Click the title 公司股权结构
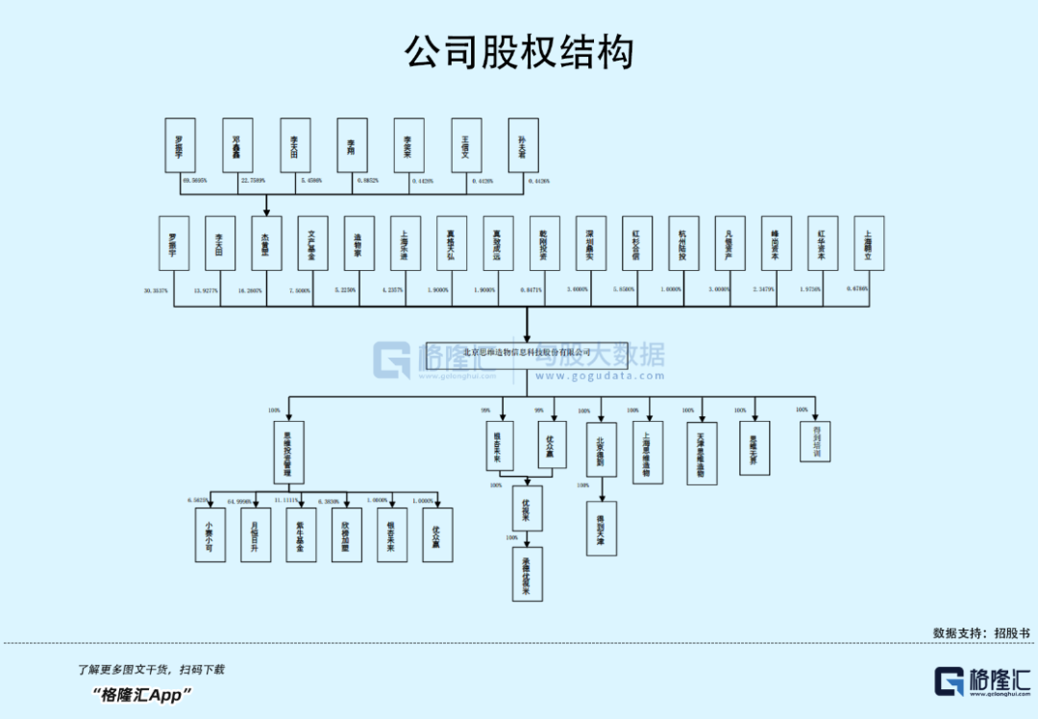click(x=519, y=52)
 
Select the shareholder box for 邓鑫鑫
click(x=236, y=145)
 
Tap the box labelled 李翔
click(x=352, y=145)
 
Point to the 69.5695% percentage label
click(x=195, y=180)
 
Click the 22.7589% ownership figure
click(x=253, y=180)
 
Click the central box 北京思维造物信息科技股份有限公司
click(x=527, y=352)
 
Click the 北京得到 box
click(x=601, y=449)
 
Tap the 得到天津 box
click(x=601, y=528)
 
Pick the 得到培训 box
click(x=815, y=441)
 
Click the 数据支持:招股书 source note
click(x=980, y=633)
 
